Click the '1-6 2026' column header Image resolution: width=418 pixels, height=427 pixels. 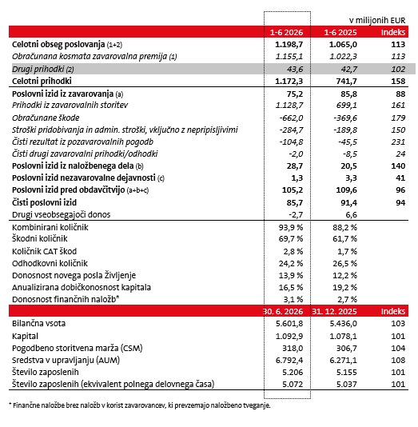pos(286,33)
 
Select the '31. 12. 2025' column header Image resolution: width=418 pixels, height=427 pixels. pos(334,311)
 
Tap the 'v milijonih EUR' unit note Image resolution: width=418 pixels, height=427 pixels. pos(377,20)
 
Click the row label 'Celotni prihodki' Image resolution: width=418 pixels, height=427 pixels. pos(42,81)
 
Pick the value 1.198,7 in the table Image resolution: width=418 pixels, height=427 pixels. pos(289,45)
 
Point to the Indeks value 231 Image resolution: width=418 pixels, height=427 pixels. pos(398,142)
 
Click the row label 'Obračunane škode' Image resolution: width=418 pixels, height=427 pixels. pos(46,118)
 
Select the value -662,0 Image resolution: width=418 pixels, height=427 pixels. pos(291,118)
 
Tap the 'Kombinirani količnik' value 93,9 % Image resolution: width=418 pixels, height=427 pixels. pos(291,227)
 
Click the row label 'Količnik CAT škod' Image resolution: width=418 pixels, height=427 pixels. pos(45,251)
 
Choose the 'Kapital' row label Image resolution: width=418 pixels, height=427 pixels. pos(25,336)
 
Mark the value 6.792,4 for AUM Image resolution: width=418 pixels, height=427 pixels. pos(289,361)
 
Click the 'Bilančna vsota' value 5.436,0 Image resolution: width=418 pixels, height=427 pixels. pos(343,324)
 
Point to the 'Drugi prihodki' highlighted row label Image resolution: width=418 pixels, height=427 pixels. pos(43,70)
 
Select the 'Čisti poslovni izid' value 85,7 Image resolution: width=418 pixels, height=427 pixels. pos(295,202)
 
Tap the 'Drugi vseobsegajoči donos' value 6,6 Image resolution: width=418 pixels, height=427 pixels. pos(352,215)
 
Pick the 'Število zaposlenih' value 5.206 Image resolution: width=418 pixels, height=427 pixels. pos(293,373)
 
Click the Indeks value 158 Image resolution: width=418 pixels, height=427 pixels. pos(398,81)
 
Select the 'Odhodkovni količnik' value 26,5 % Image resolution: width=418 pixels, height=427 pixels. pos(344,264)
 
